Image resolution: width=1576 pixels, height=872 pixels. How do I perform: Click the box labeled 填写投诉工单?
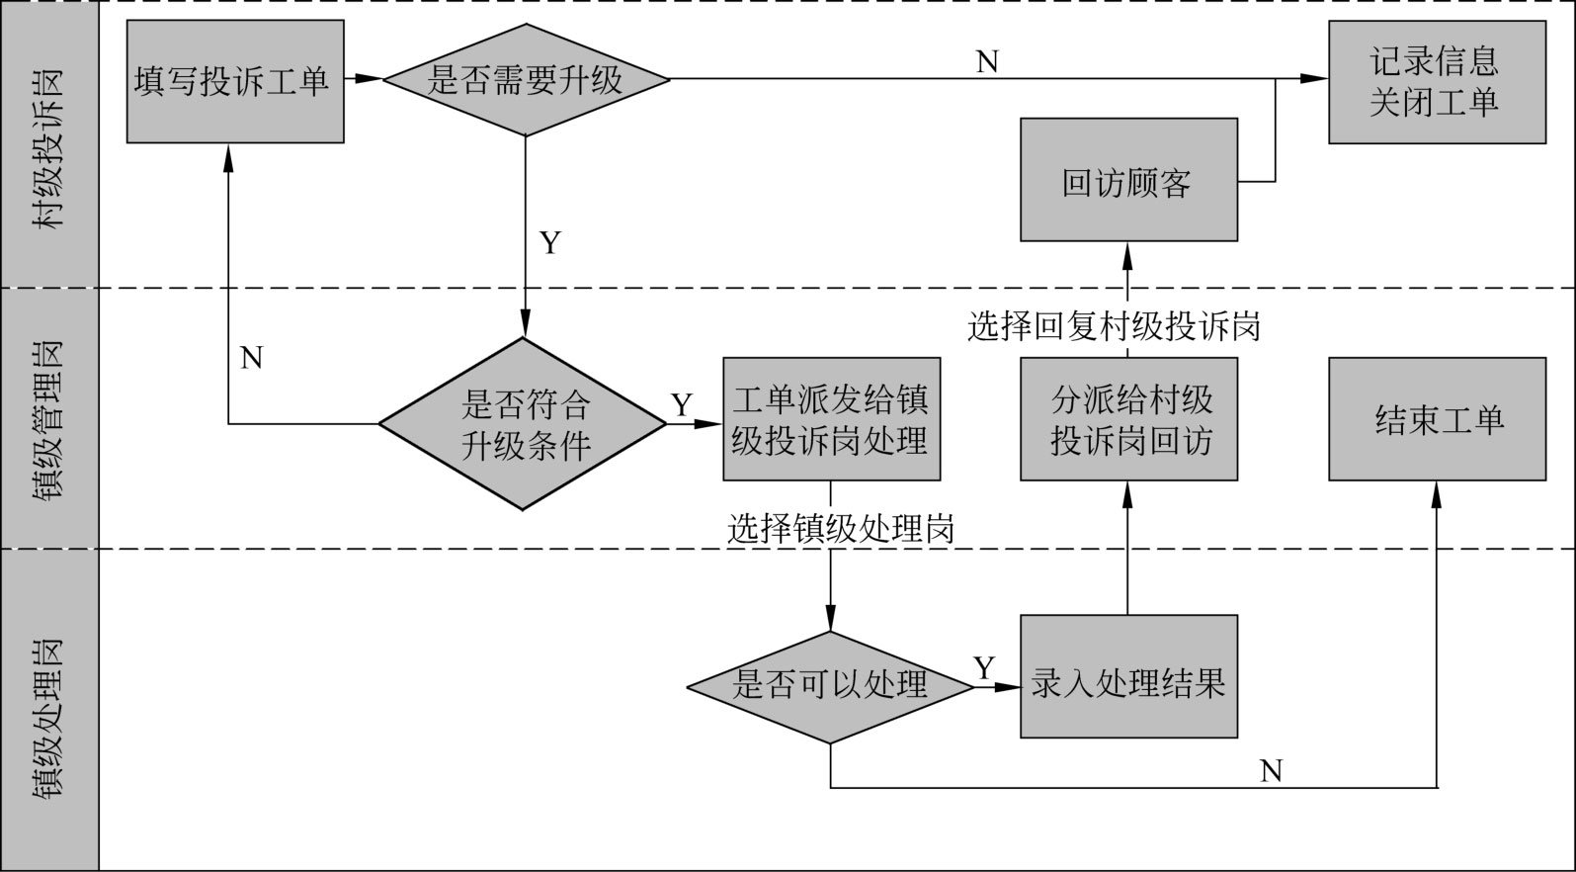coord(235,81)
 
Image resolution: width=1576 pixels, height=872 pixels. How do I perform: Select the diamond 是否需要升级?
coord(526,79)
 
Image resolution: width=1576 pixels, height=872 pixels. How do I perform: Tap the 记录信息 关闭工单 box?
coord(1436,81)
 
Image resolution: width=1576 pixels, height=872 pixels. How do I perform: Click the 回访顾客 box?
coord(1128,181)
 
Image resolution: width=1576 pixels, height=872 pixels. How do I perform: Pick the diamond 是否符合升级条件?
coord(524,424)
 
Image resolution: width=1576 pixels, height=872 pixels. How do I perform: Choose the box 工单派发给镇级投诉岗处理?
coord(831,419)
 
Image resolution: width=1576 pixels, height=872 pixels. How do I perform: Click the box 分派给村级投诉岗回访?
coord(1128,419)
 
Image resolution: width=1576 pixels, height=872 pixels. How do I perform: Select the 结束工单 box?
coord(1437,419)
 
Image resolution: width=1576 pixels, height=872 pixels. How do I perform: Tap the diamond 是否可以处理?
coord(830,686)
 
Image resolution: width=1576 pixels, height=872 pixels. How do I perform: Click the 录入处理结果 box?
coord(1128,676)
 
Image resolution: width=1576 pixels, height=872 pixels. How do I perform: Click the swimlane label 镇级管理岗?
coord(48,419)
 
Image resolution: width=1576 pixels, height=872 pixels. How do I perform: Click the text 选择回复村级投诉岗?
coord(1114,325)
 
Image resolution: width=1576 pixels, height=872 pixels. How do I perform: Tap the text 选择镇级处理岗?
coord(841,530)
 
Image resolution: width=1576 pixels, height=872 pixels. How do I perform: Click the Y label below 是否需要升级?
coord(550,242)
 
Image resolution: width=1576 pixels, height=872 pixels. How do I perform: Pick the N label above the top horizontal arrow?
coord(987,62)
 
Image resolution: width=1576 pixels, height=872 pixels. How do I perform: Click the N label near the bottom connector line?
coord(1271,770)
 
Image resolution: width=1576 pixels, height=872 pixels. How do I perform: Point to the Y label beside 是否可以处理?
coord(984,668)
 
